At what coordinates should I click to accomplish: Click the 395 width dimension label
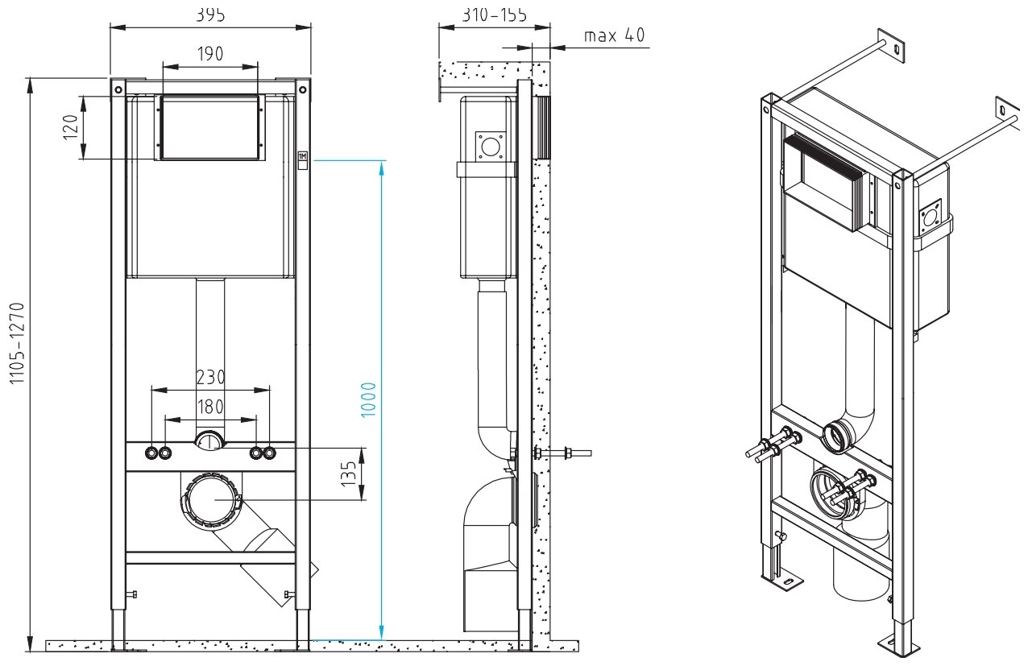pos(210,14)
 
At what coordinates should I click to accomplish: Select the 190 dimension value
pos(210,54)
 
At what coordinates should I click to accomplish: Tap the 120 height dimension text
pos(72,126)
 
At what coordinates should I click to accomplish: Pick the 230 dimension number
pos(210,377)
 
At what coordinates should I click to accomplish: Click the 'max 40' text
pos(614,35)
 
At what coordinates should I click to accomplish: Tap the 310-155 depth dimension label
pos(495,14)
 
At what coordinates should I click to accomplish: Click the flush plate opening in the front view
pos(210,126)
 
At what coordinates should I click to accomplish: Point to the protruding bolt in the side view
pos(569,453)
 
